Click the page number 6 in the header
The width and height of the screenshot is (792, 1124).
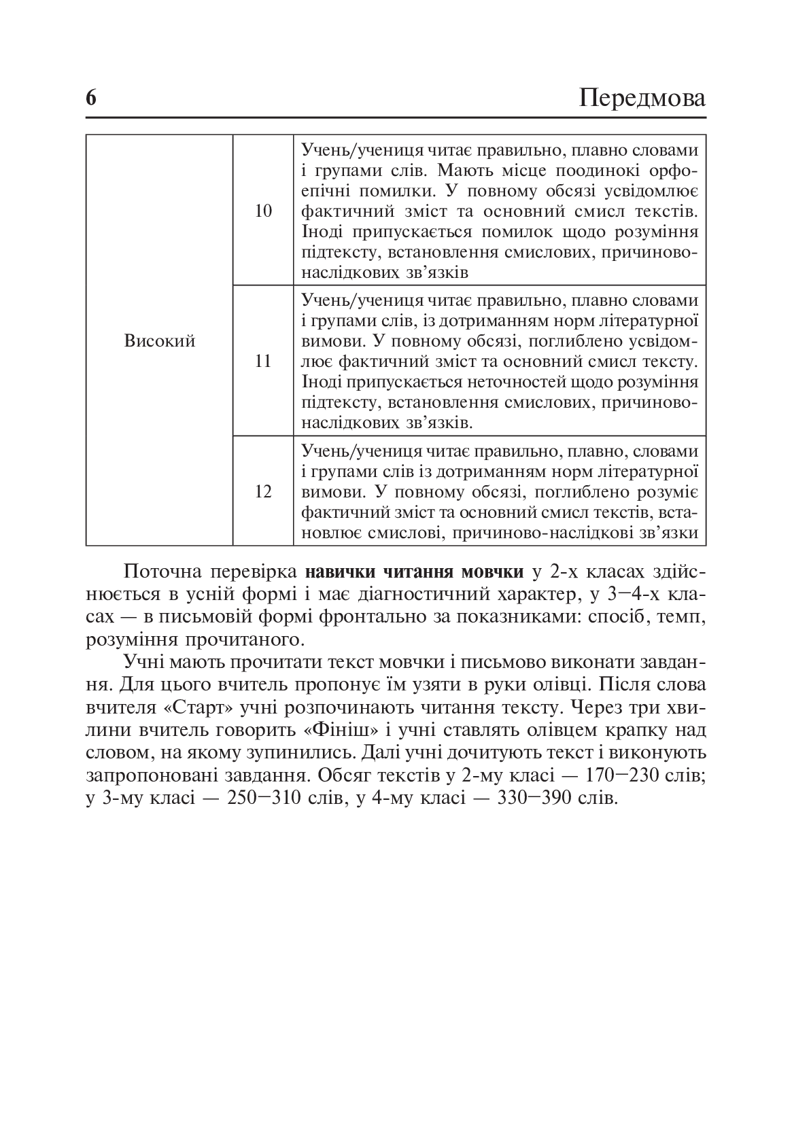pyautogui.click(x=92, y=99)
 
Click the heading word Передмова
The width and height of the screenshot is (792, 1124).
pyautogui.click(x=642, y=99)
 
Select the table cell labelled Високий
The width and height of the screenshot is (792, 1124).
pyautogui.click(x=160, y=340)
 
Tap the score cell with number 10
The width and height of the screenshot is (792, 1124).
pyautogui.click(x=263, y=211)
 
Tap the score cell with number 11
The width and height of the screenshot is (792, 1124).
pyautogui.click(x=263, y=361)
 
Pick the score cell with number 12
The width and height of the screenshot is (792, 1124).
pyautogui.click(x=263, y=491)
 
